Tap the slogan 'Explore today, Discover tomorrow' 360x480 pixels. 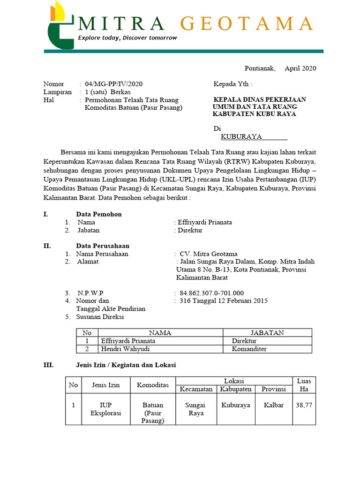click(x=127, y=37)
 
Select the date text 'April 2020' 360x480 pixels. click(x=300, y=68)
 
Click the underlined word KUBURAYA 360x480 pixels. click(x=241, y=137)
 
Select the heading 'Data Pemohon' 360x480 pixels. click(x=99, y=214)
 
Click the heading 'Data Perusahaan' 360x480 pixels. click(x=103, y=246)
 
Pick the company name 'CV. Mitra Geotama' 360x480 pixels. click(x=209, y=254)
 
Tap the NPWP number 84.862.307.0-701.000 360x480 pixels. click(x=212, y=293)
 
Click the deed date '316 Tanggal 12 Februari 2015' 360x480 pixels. click(x=224, y=301)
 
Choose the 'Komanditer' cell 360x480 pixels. click(x=251, y=349)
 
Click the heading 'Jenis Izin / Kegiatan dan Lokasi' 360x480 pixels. click(x=126, y=365)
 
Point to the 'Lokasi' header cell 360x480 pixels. click(x=234, y=381)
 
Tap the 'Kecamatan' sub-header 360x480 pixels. click(x=195, y=389)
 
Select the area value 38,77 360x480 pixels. click(x=304, y=405)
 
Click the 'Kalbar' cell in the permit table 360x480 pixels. click(x=274, y=405)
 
